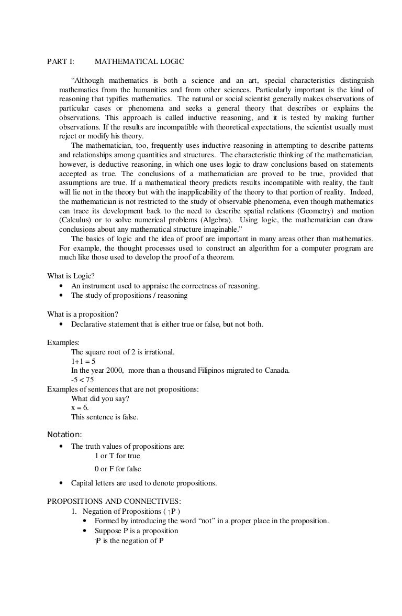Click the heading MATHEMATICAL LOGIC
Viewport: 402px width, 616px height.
pos(139,62)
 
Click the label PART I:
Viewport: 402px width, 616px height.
pos(61,62)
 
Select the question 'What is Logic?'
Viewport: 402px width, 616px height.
pos(71,276)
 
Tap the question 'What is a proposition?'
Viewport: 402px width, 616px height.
pos(83,314)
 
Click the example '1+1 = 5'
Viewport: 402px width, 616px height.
pos(83,361)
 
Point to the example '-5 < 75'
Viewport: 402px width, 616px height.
pos(83,380)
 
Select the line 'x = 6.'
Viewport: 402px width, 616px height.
pos(80,407)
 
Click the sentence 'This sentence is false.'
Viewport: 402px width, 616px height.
pos(105,417)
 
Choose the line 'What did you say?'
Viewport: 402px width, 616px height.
pos(100,398)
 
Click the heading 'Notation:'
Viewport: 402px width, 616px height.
pos(64,434)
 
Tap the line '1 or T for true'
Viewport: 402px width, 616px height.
pos(117,456)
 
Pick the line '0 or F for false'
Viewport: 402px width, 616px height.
pos(118,469)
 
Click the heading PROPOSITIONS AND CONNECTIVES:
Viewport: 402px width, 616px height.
pos(114,501)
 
